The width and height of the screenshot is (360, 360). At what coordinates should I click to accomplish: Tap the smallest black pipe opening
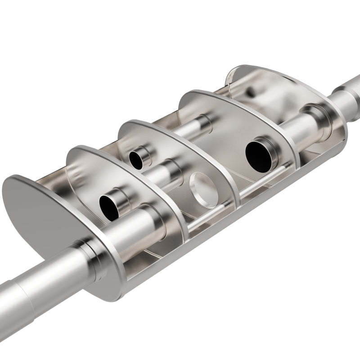(x=135, y=158)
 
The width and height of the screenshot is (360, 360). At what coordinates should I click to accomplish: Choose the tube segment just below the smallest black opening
(x=162, y=173)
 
